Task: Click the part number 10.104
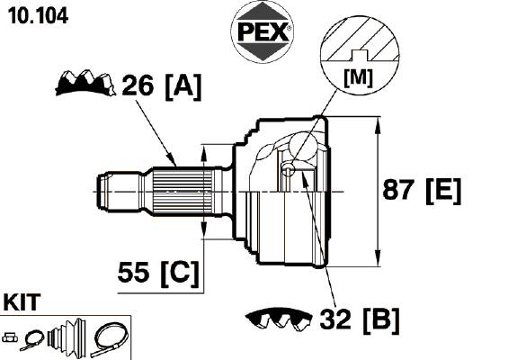[x=38, y=15]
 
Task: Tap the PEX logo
[x=263, y=31]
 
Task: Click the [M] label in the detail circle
[x=359, y=77]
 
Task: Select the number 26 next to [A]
[x=138, y=85]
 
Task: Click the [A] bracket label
[x=183, y=86]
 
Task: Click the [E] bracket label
[x=443, y=191]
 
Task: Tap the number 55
[x=133, y=272]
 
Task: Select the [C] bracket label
[x=180, y=273]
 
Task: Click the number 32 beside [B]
[x=335, y=319]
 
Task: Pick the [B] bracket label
[x=381, y=319]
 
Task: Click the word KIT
[x=22, y=301]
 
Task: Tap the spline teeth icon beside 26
[x=85, y=83]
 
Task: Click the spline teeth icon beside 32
[x=279, y=319]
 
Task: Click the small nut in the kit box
[x=10, y=337]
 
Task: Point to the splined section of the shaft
[x=183, y=192]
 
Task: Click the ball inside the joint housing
[x=303, y=145]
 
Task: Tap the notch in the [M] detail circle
[x=360, y=56]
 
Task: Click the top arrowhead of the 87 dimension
[x=378, y=126]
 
